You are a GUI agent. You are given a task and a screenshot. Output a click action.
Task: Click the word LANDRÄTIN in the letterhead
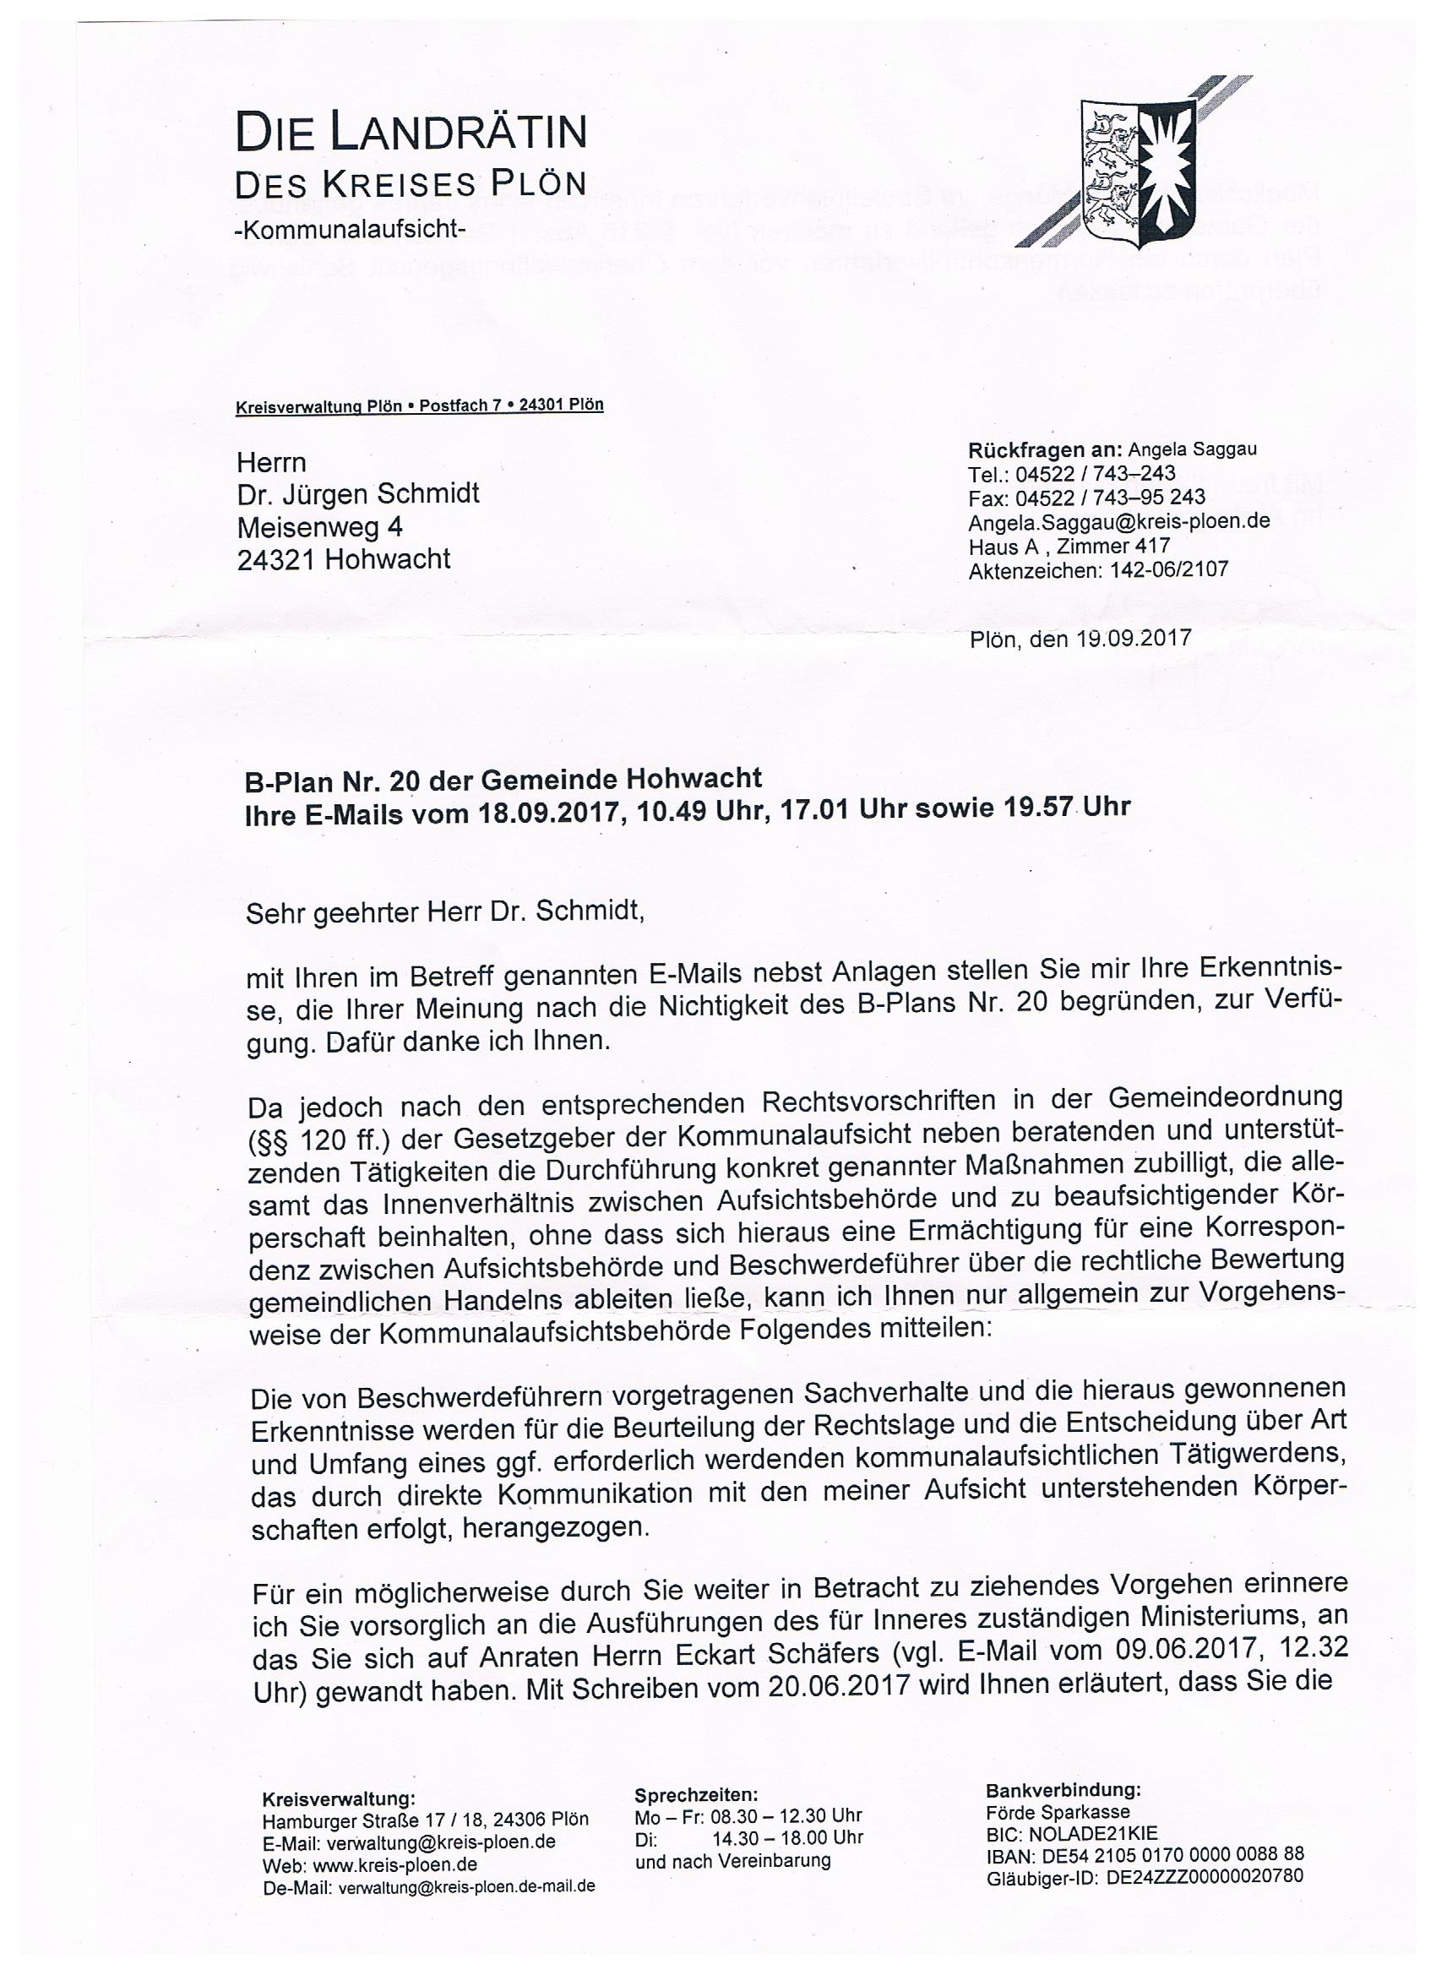click(457, 133)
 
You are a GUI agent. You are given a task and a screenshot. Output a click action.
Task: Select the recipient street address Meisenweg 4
click(319, 527)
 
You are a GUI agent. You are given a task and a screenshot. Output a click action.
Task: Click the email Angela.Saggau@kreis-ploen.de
click(1118, 521)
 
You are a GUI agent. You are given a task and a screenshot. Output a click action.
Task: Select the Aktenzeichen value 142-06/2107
click(1169, 570)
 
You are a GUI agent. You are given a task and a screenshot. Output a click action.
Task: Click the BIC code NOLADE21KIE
click(1101, 1832)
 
